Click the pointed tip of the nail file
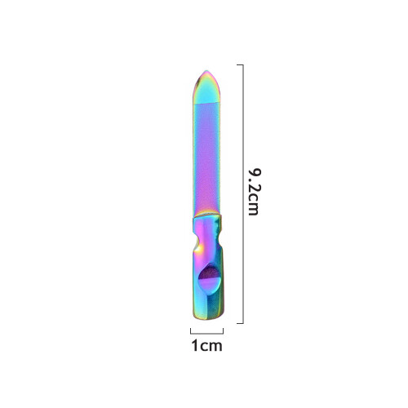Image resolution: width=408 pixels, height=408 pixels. (x=206, y=71)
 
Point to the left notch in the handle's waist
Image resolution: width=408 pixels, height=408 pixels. (x=196, y=240)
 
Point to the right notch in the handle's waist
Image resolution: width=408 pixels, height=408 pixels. (x=220, y=240)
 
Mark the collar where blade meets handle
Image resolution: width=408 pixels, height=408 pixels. (x=207, y=216)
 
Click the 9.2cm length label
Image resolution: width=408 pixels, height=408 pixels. (x=254, y=192)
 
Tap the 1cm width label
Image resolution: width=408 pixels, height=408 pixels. (x=207, y=345)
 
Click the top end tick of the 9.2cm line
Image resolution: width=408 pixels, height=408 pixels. (x=240, y=64)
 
